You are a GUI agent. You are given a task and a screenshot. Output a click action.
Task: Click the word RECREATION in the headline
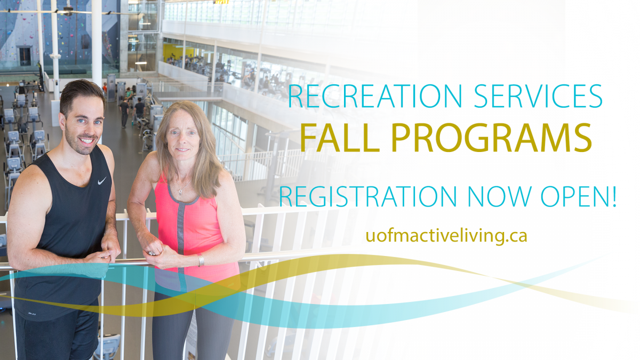click(x=374, y=96)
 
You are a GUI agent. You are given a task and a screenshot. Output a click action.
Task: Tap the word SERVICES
click(x=539, y=96)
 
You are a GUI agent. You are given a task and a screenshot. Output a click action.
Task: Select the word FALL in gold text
click(x=340, y=138)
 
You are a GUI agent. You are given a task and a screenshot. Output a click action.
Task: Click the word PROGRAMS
click(x=491, y=138)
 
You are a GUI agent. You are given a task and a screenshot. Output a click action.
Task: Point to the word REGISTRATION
click(x=368, y=196)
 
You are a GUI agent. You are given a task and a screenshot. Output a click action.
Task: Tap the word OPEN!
click(x=579, y=196)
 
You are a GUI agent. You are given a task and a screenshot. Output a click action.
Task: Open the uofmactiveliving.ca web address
click(x=446, y=236)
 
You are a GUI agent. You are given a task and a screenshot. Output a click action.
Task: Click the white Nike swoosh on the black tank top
click(x=102, y=181)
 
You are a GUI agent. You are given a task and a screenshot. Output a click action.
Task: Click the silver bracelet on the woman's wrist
click(x=201, y=260)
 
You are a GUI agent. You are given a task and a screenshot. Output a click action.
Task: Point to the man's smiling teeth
click(x=86, y=141)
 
